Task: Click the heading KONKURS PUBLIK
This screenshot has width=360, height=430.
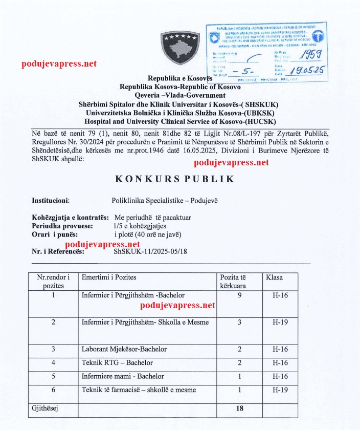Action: point(179,179)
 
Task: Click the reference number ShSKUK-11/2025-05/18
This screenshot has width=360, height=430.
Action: point(152,251)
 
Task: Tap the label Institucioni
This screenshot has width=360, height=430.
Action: point(51,201)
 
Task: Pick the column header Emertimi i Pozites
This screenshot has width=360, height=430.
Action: point(109,277)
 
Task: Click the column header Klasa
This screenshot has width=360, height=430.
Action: point(274,277)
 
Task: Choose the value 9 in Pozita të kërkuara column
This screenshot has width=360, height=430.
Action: point(239,295)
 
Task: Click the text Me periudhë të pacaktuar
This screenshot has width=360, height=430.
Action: point(153,218)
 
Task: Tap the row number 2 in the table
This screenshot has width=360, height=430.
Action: point(54,322)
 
